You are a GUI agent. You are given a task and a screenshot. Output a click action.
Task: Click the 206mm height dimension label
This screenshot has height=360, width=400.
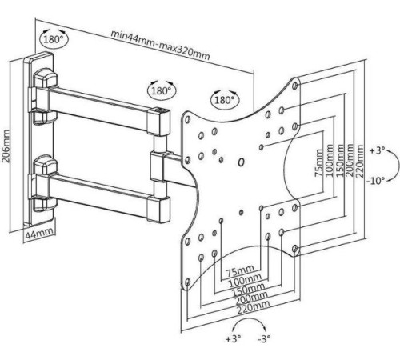tap(6, 146)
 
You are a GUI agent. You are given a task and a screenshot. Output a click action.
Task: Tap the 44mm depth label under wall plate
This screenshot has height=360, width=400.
tap(39, 234)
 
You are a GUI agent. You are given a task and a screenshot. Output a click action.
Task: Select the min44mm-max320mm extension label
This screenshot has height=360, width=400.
tap(160, 45)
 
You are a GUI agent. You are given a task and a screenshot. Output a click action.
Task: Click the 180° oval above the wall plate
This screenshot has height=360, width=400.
tap(54, 39)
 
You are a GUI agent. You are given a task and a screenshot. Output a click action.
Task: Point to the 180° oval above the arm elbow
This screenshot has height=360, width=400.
tap(162, 90)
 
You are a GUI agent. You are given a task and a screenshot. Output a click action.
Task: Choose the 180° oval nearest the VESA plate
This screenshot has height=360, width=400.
tap(225, 100)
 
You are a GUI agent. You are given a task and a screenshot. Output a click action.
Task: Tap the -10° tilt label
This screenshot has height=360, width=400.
tap(376, 181)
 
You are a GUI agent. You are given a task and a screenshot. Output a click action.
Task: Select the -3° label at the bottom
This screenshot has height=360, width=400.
tap(264, 339)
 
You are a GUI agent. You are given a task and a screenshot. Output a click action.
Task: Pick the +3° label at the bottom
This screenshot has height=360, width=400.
tap(234, 339)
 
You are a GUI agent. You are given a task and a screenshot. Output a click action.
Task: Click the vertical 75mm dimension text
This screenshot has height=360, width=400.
tap(318, 163)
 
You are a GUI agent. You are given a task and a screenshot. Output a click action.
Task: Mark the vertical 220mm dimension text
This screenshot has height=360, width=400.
tap(360, 161)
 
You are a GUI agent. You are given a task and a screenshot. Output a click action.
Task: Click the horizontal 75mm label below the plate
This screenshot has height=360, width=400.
tap(240, 271)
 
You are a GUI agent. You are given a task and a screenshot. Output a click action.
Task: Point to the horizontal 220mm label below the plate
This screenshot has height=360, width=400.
tap(254, 307)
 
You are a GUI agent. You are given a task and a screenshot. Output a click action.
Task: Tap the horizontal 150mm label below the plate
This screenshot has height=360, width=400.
tap(248, 290)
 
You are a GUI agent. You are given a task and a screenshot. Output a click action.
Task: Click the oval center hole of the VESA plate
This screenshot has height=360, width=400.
tap(242, 162)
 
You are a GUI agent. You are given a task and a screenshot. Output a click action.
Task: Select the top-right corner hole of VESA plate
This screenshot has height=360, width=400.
tap(295, 86)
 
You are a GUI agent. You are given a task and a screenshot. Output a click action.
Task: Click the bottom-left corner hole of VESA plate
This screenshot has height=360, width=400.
tap(187, 282)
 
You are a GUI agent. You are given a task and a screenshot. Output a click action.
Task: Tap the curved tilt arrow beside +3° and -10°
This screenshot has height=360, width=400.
tap(395, 166)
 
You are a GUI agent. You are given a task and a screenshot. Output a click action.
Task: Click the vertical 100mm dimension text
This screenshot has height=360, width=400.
tap(330, 160)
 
